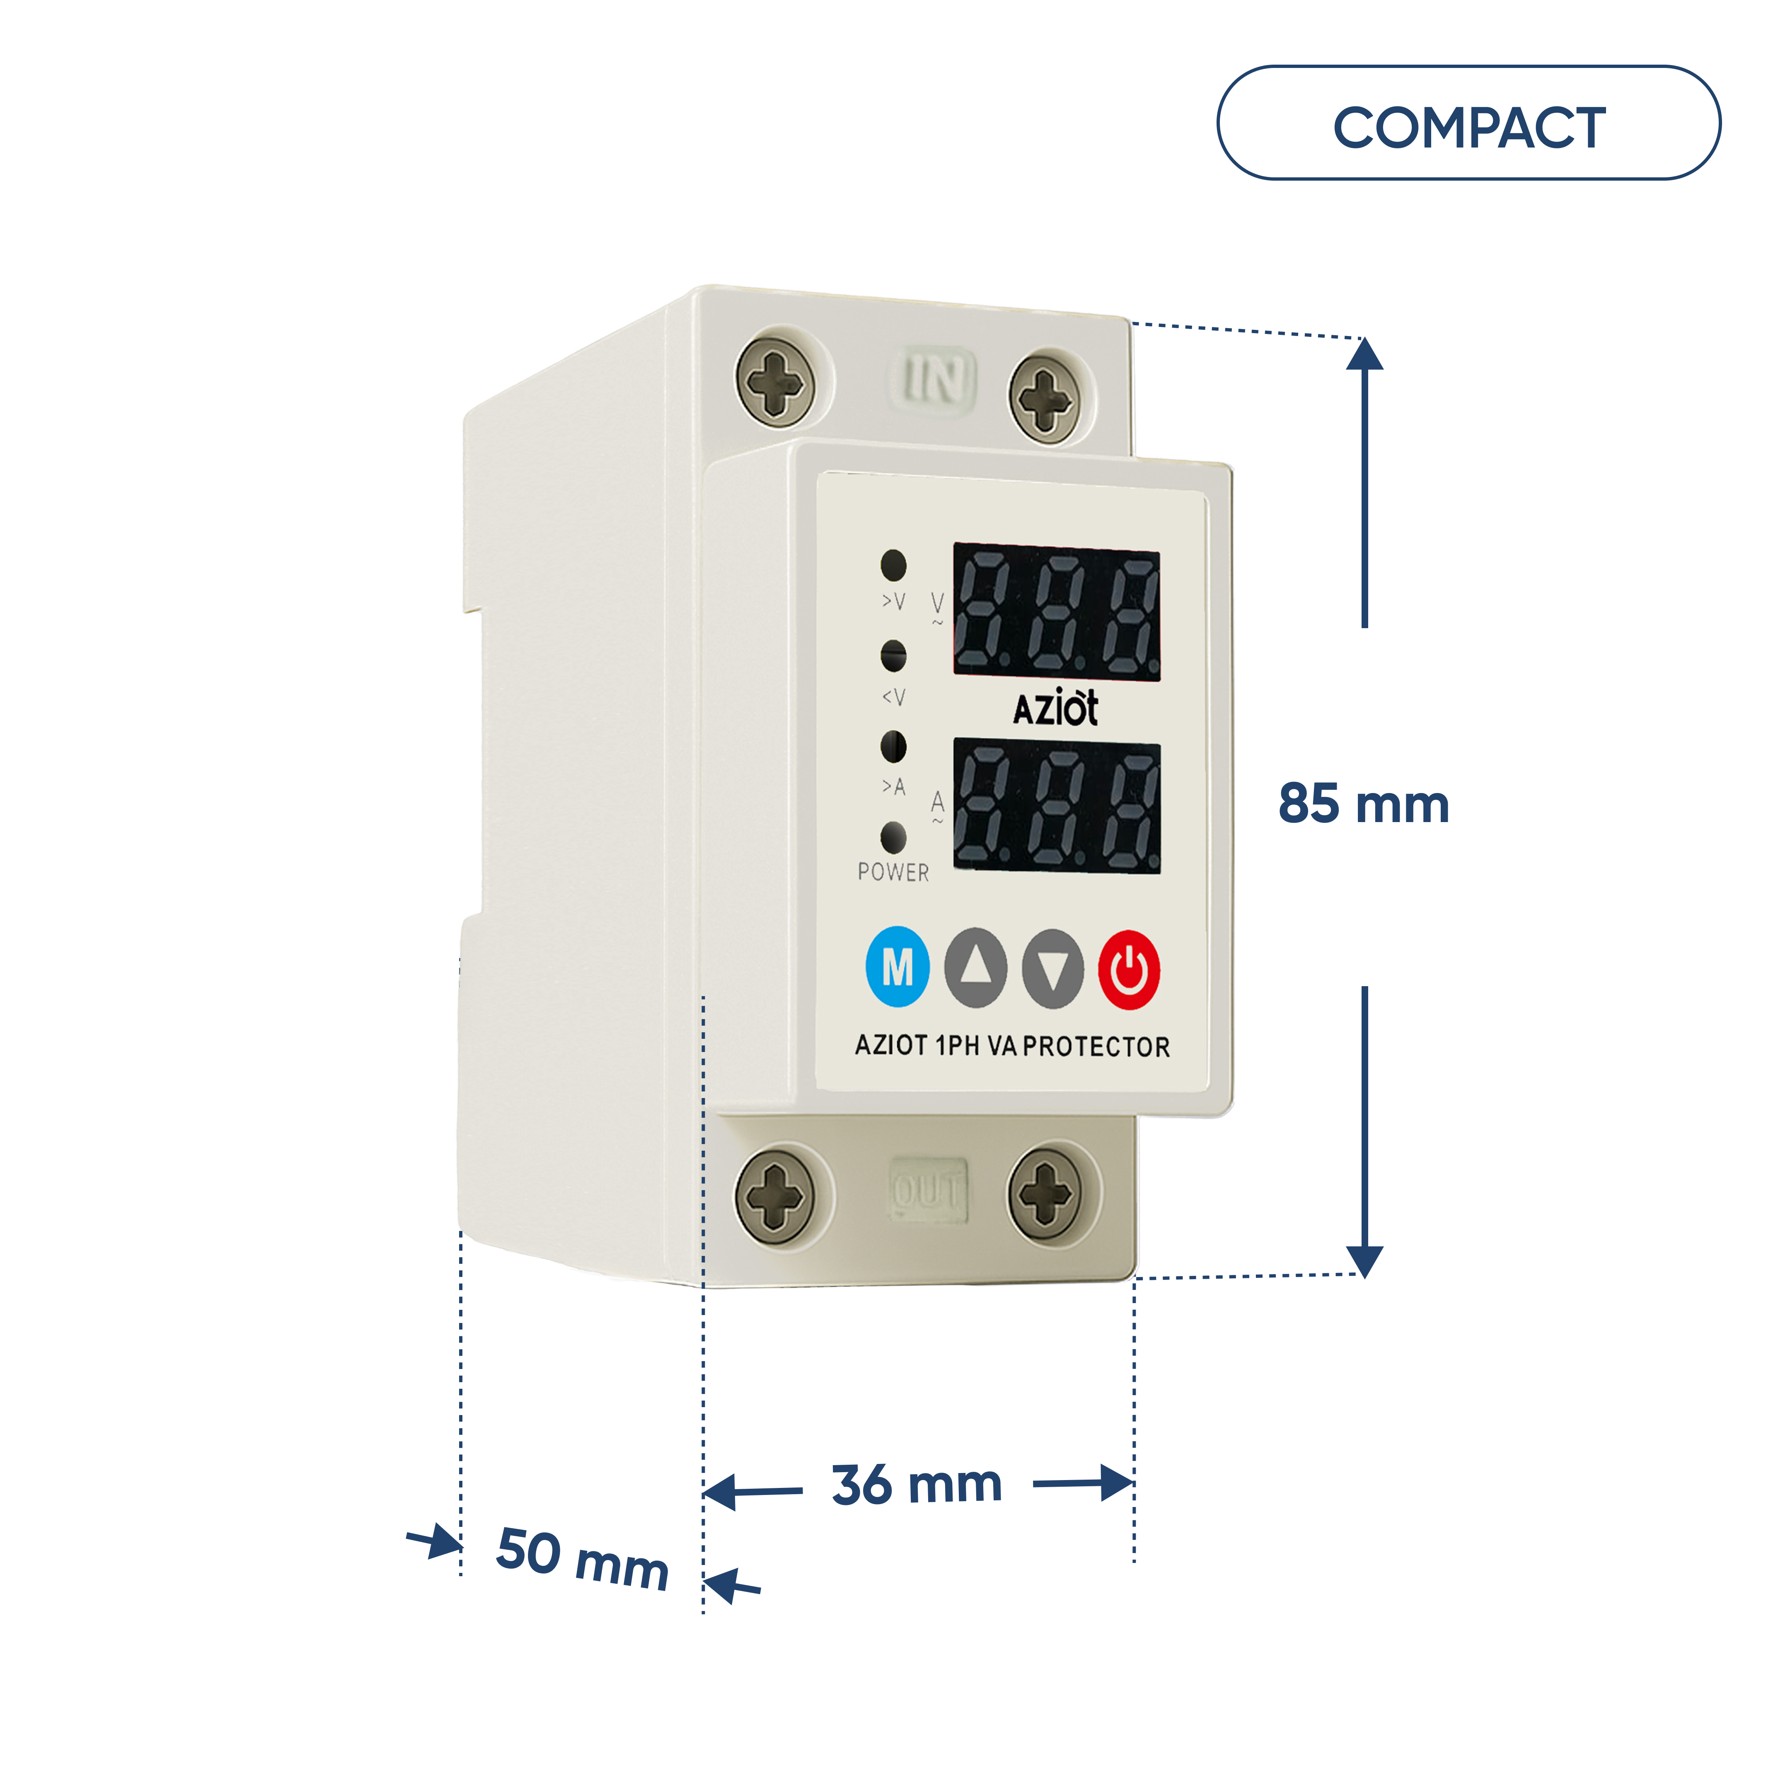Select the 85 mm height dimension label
[x=1364, y=803]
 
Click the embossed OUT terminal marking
[x=928, y=1190]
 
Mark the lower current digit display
[x=1057, y=806]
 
